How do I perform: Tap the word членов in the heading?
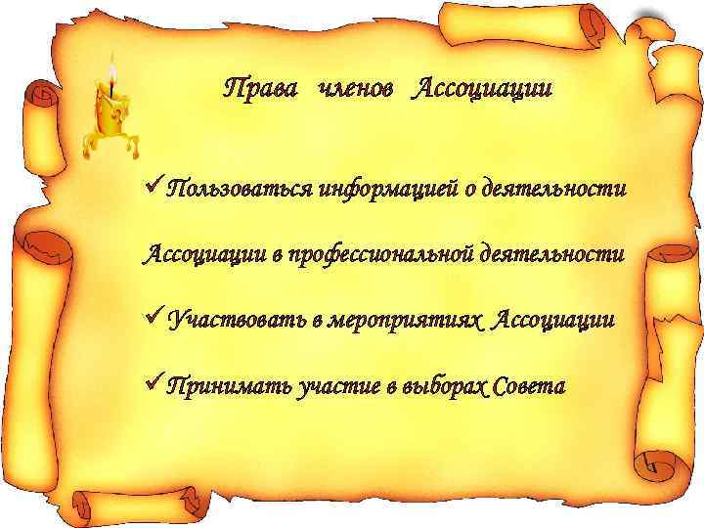357,90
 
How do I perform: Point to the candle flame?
112,73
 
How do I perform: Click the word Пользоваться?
236,188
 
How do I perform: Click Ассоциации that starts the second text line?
206,255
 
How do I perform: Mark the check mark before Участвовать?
153,317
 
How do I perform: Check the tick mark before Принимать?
153,383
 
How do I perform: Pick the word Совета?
529,386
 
